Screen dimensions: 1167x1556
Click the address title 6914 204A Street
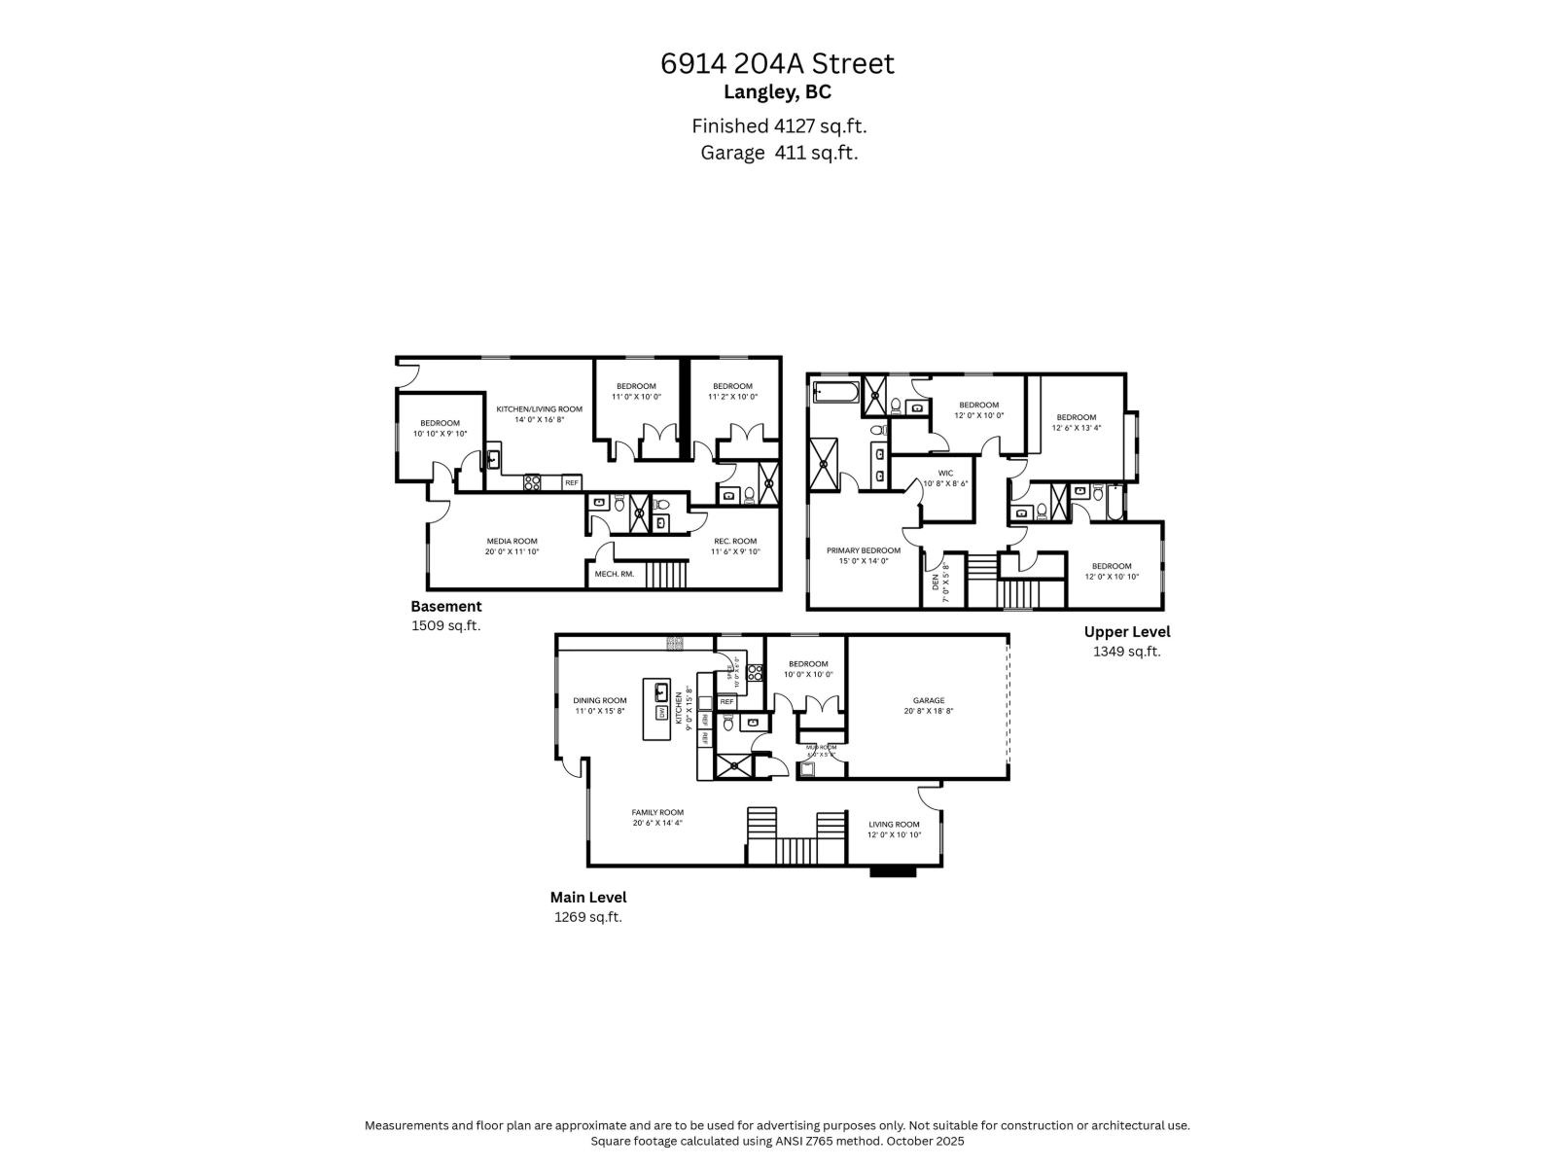[x=777, y=63]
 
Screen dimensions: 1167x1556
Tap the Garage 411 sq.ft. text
[x=779, y=153]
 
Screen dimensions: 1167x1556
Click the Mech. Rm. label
[x=614, y=574]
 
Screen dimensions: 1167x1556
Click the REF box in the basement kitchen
[x=571, y=482]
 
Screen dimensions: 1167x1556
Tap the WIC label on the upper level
[x=945, y=473]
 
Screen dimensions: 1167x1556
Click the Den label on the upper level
[x=935, y=582]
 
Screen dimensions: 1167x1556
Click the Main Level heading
[x=588, y=898]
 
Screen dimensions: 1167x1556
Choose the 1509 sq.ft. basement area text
[x=445, y=625]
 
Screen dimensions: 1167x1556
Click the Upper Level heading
[x=1126, y=631]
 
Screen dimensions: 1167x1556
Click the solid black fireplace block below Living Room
[x=893, y=871]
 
